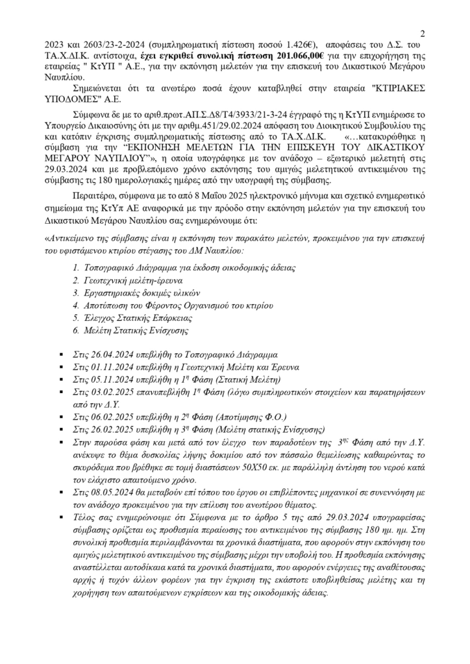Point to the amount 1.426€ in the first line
[297, 45]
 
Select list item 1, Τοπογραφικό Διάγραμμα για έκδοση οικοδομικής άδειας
[175, 267]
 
